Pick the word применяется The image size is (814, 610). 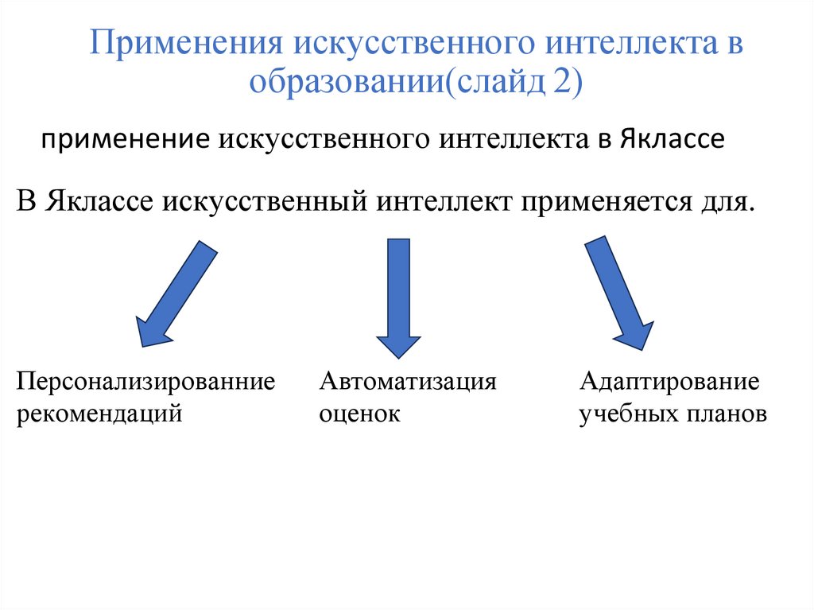606,202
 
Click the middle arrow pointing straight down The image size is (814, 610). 398,298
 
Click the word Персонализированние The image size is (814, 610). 146,382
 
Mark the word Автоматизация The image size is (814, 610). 408,382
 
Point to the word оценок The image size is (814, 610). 359,414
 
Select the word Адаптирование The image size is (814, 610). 669,382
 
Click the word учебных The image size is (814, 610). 627,414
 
